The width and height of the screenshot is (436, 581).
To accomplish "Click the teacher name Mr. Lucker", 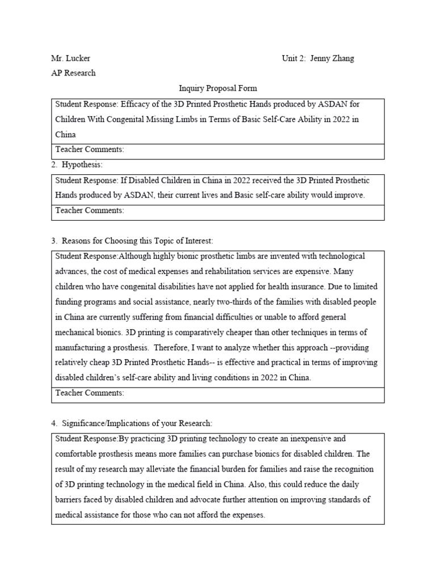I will tap(70, 58).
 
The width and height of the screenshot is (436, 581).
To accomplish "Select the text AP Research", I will tap(73, 73).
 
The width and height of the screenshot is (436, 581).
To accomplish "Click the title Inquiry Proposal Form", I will tap(218, 88).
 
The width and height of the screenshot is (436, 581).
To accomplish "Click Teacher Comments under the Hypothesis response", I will tap(89, 210).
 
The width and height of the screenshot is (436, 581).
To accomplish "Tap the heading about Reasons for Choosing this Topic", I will tap(132, 241).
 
